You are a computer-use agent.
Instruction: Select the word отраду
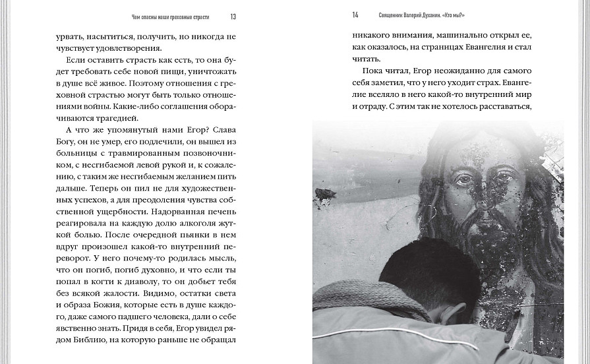click(x=384, y=107)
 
